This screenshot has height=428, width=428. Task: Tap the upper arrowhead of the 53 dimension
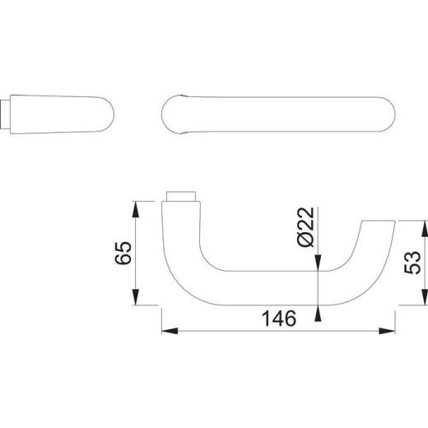(425, 227)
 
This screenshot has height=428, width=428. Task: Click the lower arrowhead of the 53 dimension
(425, 298)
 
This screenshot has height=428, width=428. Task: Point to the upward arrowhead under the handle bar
(318, 314)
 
